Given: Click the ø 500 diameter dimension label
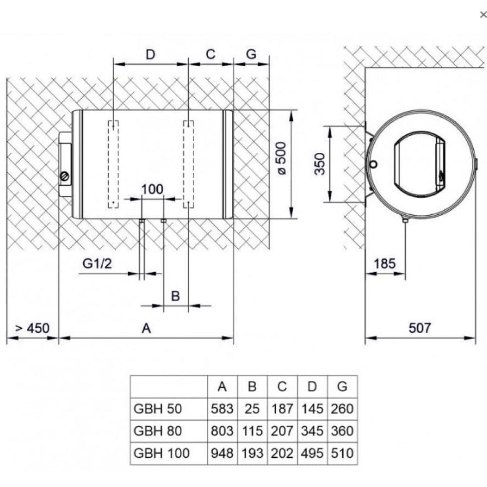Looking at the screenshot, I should pos(282,158).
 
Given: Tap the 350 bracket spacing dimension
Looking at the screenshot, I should pos(319,165).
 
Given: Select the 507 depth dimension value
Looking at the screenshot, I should pos(419,328).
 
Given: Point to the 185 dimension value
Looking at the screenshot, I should pos(385,264).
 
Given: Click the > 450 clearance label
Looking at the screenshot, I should pos(32,328).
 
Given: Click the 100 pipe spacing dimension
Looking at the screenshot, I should pos(152,189).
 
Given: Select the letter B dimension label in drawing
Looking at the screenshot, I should pos(176,296).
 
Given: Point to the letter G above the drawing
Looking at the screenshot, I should pos(251,54).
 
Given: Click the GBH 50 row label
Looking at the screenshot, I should pos(157,409).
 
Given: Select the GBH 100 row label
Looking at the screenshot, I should pos(161,453).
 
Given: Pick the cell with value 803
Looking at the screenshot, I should pos(222,431).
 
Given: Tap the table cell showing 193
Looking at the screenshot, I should pos(252,453).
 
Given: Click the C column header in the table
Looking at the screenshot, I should pos(282,387).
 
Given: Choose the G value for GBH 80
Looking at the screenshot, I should pos(342,431).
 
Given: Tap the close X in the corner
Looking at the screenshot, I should pos(483,15).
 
